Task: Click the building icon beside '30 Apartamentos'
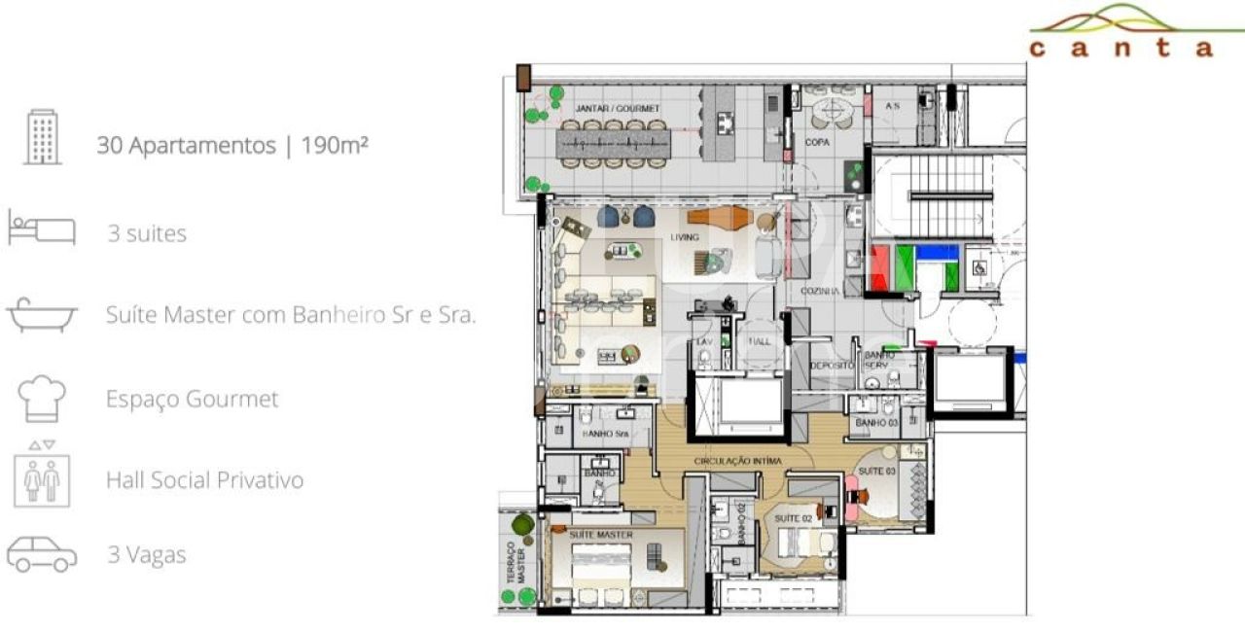pyautogui.click(x=42, y=137)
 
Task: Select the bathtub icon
pyautogui.click(x=42, y=315)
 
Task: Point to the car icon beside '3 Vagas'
pyautogui.click(x=42, y=554)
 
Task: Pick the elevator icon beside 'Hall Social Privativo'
pyautogui.click(x=42, y=474)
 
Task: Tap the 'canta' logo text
pyautogui.click(x=1122, y=47)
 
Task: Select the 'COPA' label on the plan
pyautogui.click(x=816, y=142)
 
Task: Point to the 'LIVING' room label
pyautogui.click(x=685, y=237)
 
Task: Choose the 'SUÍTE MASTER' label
pyautogui.click(x=601, y=535)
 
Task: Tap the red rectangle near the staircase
pyautogui.click(x=881, y=269)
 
